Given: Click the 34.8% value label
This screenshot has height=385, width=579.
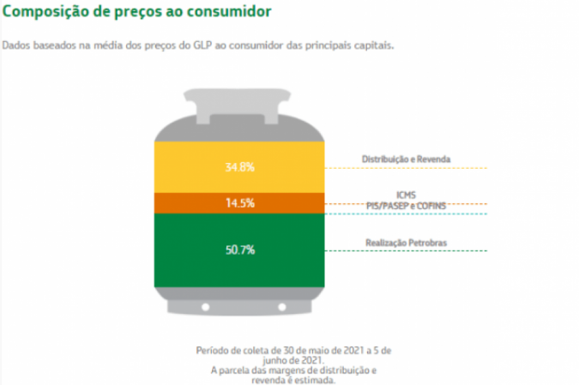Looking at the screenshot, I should coord(239,167).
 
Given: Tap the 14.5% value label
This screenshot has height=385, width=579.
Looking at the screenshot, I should coord(239,203).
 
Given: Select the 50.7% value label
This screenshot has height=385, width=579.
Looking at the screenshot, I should coord(239,250).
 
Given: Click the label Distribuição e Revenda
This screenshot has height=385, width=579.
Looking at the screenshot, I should coord(406,159).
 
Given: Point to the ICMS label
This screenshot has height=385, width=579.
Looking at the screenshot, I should coord(407,196).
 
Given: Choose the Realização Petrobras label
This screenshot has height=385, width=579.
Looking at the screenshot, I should coord(406,243).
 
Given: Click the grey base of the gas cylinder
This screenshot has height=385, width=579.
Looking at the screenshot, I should coord(239,303).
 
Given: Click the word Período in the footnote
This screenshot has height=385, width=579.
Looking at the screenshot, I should coord(213,351).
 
